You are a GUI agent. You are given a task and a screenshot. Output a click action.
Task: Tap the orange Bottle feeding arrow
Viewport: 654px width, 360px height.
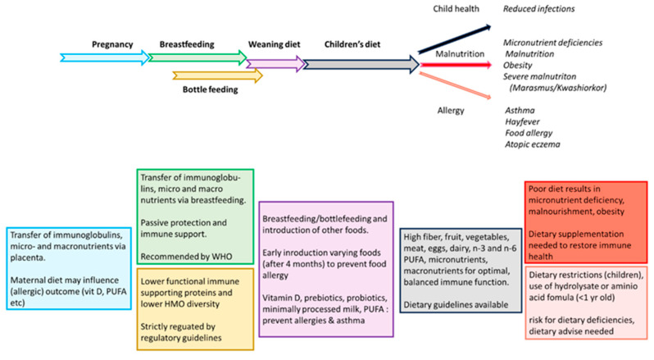point(217,76)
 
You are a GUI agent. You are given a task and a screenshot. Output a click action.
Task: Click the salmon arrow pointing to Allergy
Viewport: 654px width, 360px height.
point(451,84)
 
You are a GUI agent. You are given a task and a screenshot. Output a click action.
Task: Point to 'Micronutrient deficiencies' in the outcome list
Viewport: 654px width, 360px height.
point(554,41)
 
